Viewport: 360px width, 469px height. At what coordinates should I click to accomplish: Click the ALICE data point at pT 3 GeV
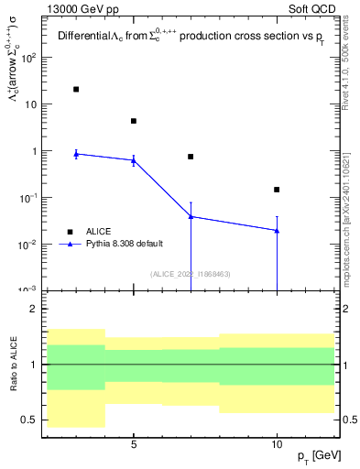(x=76, y=89)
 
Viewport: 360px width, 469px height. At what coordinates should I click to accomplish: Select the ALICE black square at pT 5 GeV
(x=134, y=121)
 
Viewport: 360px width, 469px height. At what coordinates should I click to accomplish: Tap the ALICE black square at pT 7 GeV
(x=191, y=157)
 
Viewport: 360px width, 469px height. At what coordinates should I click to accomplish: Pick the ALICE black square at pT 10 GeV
(x=277, y=190)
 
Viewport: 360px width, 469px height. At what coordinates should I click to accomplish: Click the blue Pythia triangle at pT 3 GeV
(x=76, y=154)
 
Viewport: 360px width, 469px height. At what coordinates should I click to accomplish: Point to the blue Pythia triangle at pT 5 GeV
(x=134, y=160)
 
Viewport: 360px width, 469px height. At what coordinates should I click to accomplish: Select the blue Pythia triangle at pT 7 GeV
(x=191, y=216)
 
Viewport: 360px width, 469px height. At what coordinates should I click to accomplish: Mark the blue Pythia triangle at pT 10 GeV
(x=277, y=230)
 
